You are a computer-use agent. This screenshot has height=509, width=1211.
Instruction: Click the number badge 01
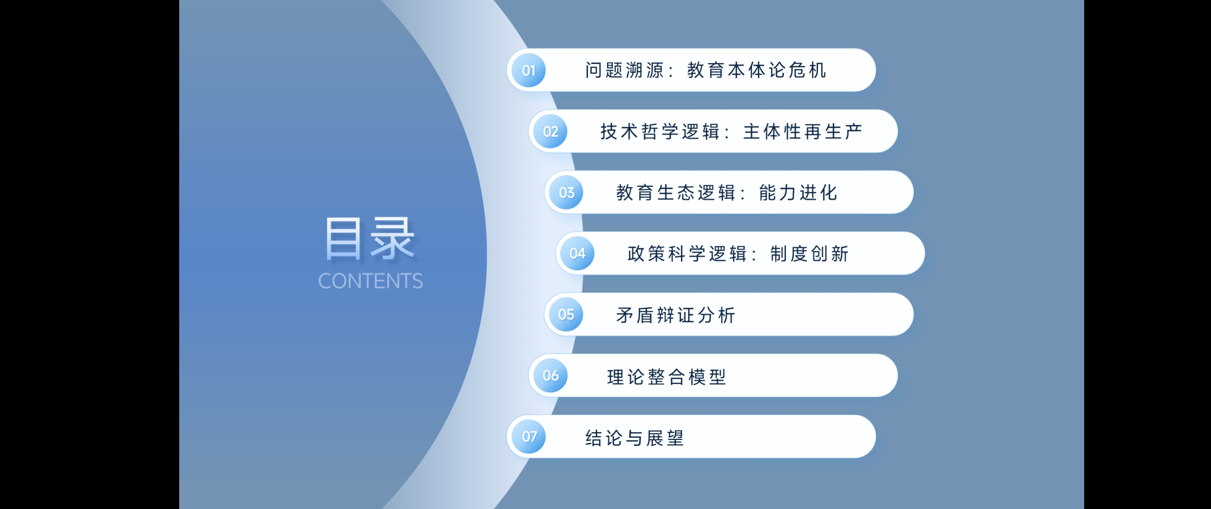point(529,71)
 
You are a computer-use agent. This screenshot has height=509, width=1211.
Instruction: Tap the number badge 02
point(551,131)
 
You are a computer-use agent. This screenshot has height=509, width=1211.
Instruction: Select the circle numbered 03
point(566,193)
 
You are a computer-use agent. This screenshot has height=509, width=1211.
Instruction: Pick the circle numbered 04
point(577,254)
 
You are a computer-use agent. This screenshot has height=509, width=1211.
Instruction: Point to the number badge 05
point(566,314)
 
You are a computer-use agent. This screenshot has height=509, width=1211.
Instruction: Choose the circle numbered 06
point(551,376)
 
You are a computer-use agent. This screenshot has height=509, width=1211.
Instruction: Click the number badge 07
point(529,437)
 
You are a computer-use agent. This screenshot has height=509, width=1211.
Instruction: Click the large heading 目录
point(370,238)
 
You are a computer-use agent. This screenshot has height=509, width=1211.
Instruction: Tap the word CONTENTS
point(371,281)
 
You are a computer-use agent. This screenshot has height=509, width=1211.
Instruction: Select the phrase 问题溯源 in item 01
point(624,71)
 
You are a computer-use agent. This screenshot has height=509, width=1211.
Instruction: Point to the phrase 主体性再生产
point(803,131)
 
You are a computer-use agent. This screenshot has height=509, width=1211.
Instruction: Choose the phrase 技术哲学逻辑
point(660,131)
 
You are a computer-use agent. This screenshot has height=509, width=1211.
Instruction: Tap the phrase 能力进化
point(798,193)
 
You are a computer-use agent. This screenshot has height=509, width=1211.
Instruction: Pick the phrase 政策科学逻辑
point(687,254)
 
